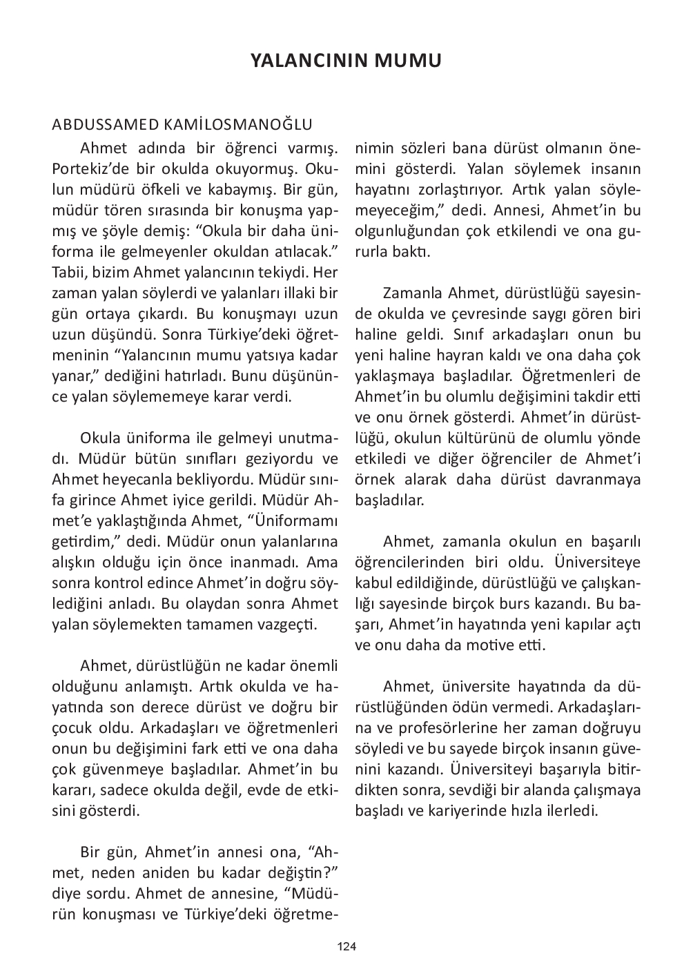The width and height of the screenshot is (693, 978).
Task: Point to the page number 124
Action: click(346, 946)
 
